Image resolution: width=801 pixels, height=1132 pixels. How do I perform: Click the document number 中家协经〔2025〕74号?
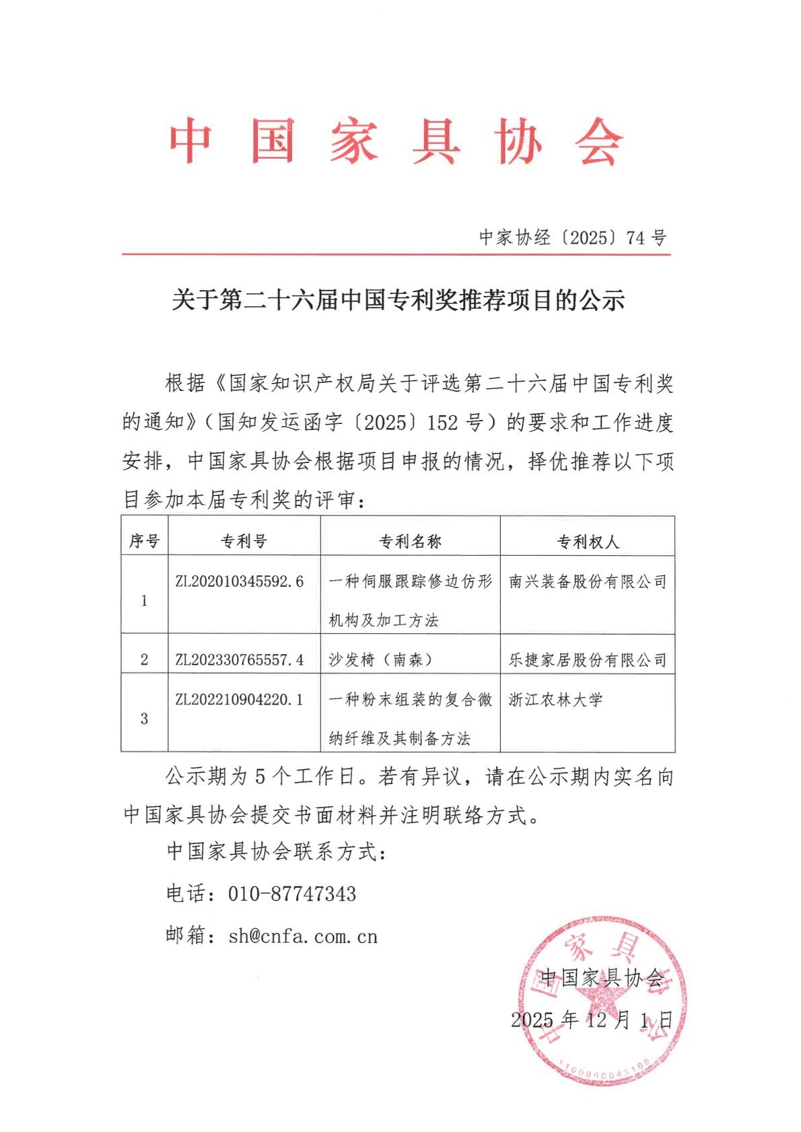tap(572, 238)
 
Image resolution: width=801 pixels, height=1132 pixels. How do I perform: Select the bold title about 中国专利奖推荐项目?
tap(398, 300)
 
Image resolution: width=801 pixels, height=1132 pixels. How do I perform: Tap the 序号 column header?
tap(144, 541)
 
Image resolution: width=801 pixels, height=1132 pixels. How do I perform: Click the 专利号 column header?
tap(244, 541)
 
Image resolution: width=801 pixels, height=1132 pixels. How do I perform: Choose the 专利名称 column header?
tap(410, 541)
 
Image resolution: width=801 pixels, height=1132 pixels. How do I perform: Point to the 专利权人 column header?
tap(588, 542)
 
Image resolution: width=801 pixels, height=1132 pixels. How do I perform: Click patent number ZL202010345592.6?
tap(239, 581)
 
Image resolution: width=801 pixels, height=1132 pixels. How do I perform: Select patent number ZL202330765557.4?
tap(239, 660)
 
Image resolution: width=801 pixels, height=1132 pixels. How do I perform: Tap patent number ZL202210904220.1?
tap(239, 700)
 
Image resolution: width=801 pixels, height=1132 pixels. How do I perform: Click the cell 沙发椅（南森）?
tap(380, 660)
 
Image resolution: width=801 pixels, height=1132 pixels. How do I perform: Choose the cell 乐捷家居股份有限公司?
tap(588, 660)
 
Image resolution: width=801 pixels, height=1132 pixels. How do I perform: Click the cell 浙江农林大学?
tap(555, 700)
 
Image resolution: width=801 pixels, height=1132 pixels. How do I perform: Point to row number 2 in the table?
tap(144, 660)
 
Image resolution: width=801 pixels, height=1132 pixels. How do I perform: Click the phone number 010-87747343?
tap(291, 894)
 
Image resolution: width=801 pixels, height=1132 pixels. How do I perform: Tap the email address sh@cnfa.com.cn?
tap(303, 936)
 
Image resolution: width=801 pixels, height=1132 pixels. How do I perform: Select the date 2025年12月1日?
tap(592, 1020)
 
